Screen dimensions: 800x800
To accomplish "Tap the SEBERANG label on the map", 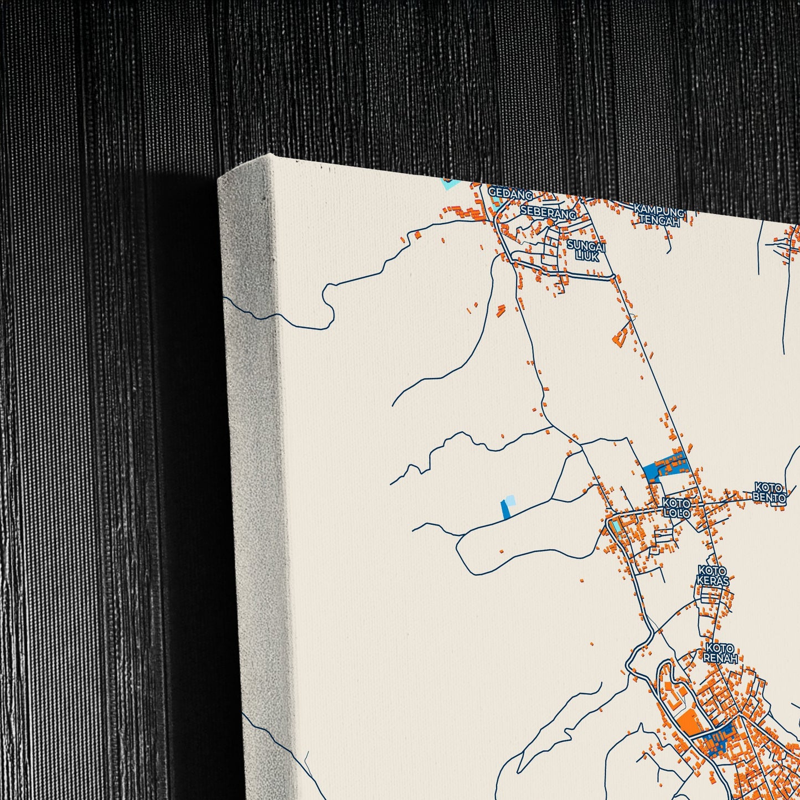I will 548,213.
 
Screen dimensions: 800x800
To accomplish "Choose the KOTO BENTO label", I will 769,493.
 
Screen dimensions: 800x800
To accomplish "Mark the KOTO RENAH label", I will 720,653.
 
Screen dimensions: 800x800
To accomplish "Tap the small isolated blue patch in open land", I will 506,508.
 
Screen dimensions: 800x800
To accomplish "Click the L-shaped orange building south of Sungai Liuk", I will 622,334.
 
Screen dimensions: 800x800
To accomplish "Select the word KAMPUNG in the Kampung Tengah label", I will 659,209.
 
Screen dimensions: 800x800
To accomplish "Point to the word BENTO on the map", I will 769,498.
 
